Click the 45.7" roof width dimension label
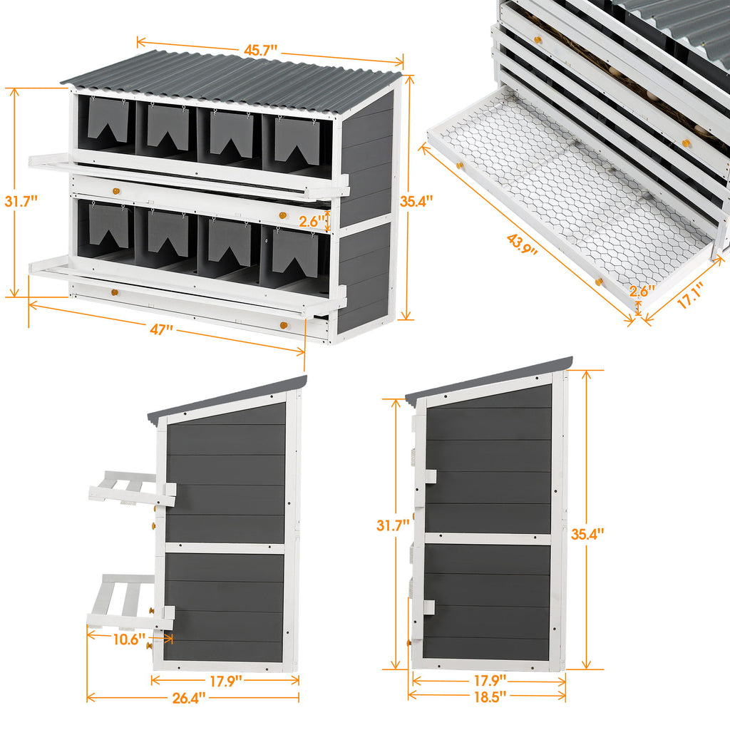[260, 51]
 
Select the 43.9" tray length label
[523, 244]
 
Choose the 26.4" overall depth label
[189, 696]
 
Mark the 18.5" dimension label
[488, 695]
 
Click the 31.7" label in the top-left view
[21, 202]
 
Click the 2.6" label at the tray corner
[642, 291]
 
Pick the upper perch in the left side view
[132, 489]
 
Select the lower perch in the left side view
[128, 602]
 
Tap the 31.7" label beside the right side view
[393, 525]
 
